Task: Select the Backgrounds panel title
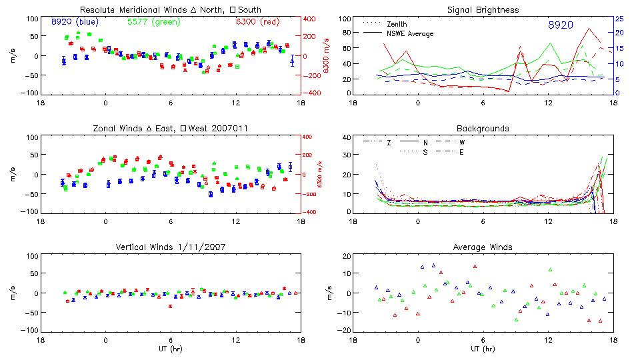coord(483,128)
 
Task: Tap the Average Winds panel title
coord(483,247)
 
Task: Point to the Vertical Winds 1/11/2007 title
coord(170,247)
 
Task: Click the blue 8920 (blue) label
coord(75,22)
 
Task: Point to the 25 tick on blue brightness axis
coord(619,19)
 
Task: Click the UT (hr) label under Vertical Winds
coord(170,349)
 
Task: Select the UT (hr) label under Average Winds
coord(483,349)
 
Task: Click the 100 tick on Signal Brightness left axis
coord(343,19)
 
